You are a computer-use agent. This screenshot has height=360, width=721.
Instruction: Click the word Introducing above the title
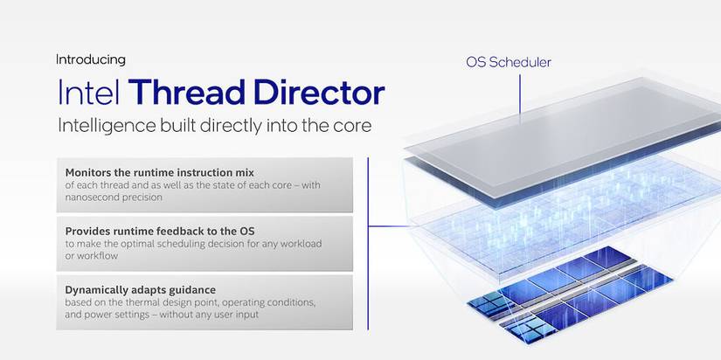(91, 59)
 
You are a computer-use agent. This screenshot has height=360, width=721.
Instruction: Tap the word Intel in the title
(89, 93)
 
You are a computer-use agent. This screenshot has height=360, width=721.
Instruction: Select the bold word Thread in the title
(186, 93)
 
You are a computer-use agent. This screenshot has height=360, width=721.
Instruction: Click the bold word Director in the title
(319, 93)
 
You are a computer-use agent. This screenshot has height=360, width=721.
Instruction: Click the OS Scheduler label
(509, 63)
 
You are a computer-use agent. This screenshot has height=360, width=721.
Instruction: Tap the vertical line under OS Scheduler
(520, 94)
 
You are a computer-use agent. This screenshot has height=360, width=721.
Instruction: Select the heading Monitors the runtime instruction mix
(160, 172)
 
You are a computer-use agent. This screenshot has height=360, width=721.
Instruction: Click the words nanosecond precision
(114, 197)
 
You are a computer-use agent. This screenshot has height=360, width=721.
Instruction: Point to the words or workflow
(92, 256)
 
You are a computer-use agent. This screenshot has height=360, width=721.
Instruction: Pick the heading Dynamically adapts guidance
(140, 290)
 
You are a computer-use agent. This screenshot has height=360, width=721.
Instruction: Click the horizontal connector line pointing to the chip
(390, 226)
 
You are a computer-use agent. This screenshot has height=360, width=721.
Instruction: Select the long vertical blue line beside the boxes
(368, 244)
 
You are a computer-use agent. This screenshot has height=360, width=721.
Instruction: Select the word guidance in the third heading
(195, 291)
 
